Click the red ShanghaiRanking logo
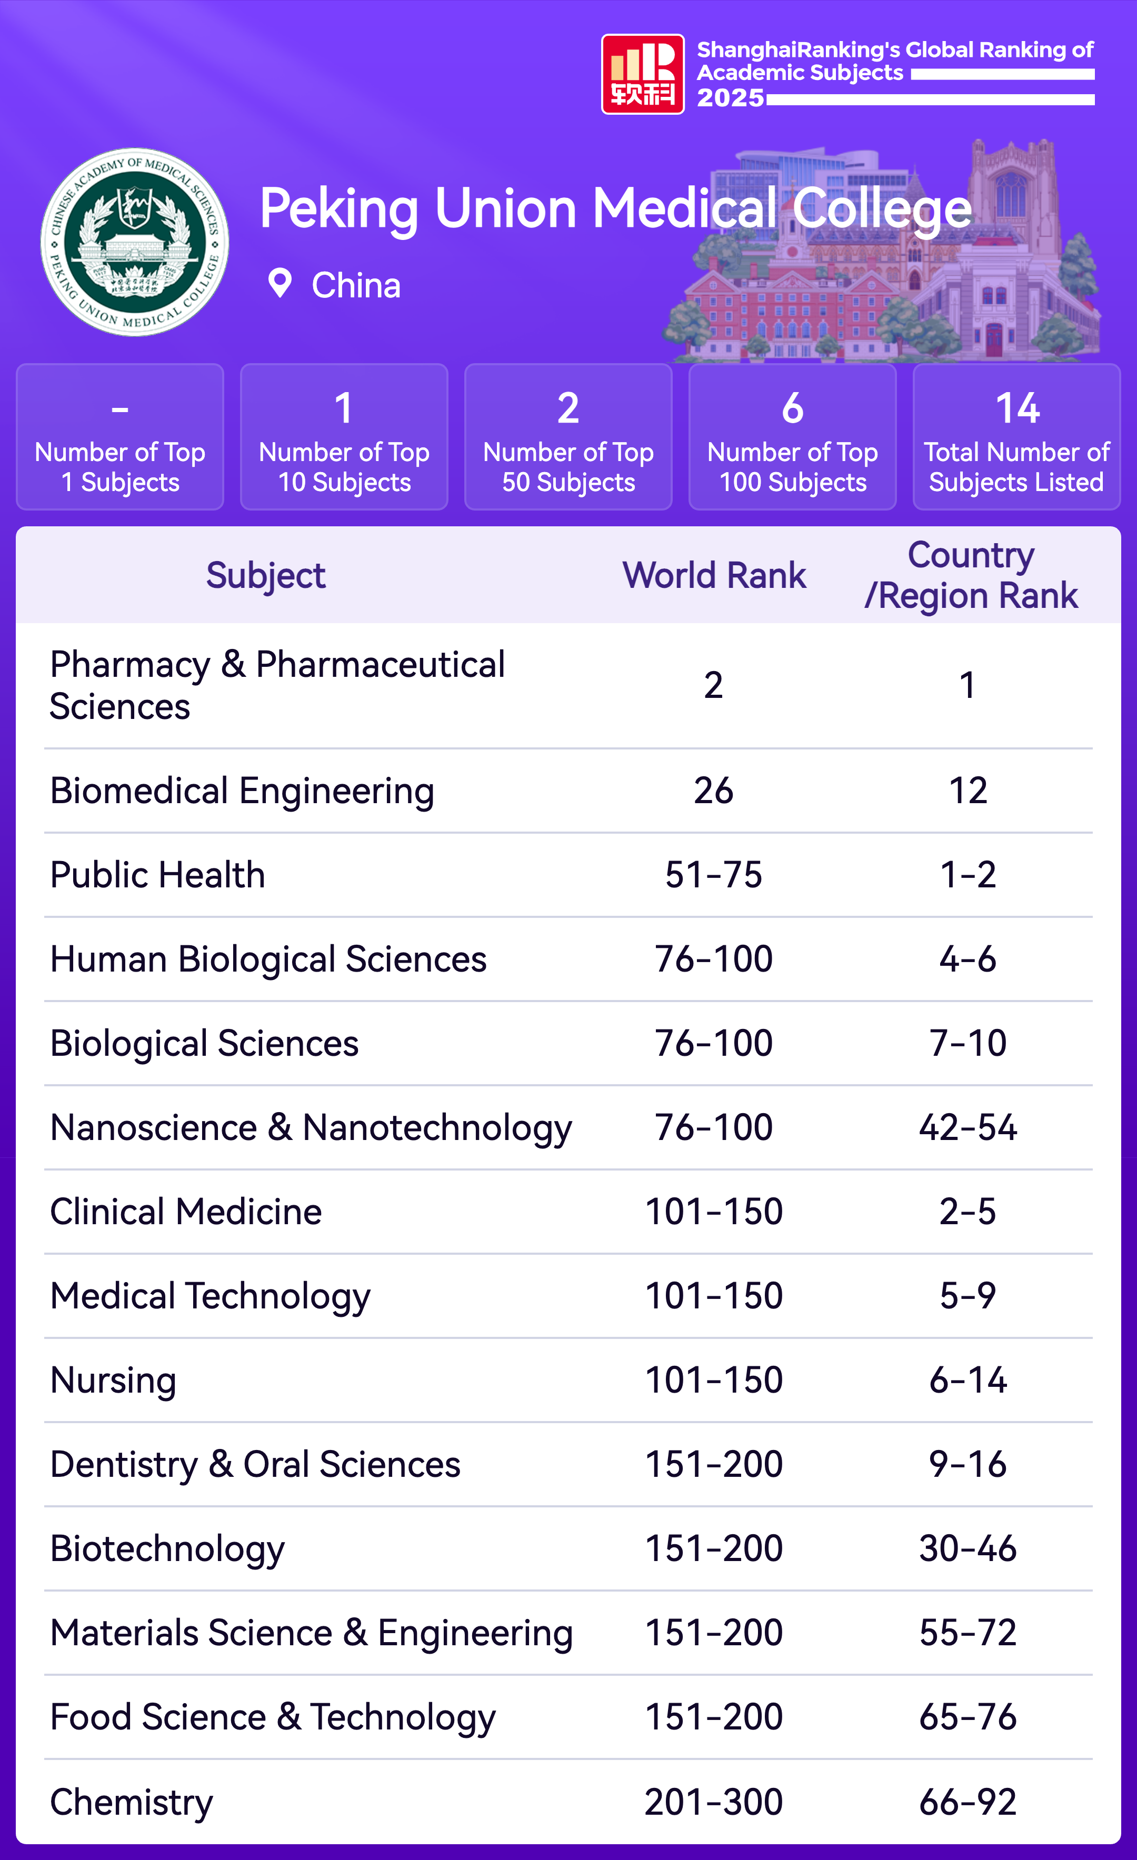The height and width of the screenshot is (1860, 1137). [643, 74]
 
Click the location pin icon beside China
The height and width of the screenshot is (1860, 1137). [280, 284]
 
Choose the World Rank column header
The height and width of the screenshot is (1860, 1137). [714, 575]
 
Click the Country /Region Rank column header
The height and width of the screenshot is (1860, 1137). [971, 575]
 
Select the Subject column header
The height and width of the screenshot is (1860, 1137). [266, 575]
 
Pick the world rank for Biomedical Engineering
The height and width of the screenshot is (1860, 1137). [713, 791]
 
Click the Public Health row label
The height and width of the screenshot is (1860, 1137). [158, 875]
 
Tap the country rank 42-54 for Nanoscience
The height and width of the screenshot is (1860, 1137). [968, 1127]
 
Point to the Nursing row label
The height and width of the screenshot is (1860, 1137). [113, 1380]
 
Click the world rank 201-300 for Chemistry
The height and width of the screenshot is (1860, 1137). [713, 1801]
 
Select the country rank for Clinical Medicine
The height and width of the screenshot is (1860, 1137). [968, 1212]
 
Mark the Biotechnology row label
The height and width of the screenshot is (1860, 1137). [167, 1548]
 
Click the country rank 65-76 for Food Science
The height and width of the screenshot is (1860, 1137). [968, 1716]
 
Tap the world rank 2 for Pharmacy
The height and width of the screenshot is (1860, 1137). [713, 685]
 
